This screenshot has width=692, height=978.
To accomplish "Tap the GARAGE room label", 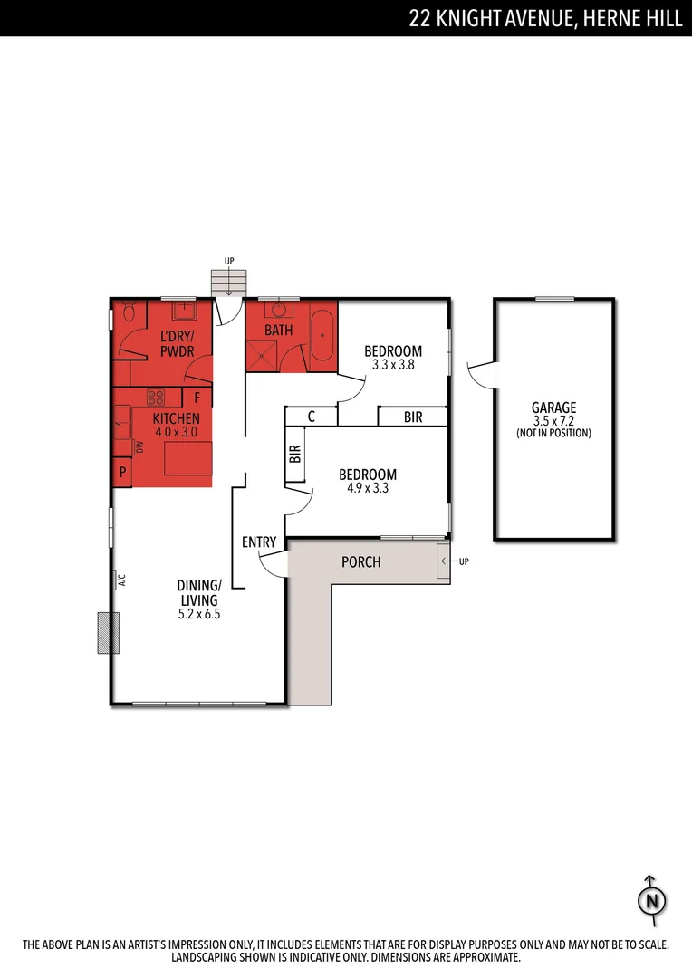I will point(553,408).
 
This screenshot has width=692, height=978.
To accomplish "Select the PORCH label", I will point(360,562).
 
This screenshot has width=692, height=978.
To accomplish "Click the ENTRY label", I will point(259,542).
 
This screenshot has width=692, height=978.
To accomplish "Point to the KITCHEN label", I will point(176,419).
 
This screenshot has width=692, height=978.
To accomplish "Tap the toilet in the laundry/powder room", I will point(130,314).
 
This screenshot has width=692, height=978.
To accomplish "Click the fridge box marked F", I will point(197,398).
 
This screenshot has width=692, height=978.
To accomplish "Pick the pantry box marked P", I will point(122,473).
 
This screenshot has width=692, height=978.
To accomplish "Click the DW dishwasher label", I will point(140,446).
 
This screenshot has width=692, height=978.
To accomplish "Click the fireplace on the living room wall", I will point(109,632).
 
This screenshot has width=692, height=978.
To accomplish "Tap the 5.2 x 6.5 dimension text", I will point(198,613).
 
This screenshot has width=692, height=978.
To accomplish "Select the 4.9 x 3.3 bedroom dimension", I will point(367,489).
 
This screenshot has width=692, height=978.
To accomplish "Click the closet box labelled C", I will point(311,417).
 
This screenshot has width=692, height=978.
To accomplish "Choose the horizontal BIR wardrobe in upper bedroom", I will point(413,417).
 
